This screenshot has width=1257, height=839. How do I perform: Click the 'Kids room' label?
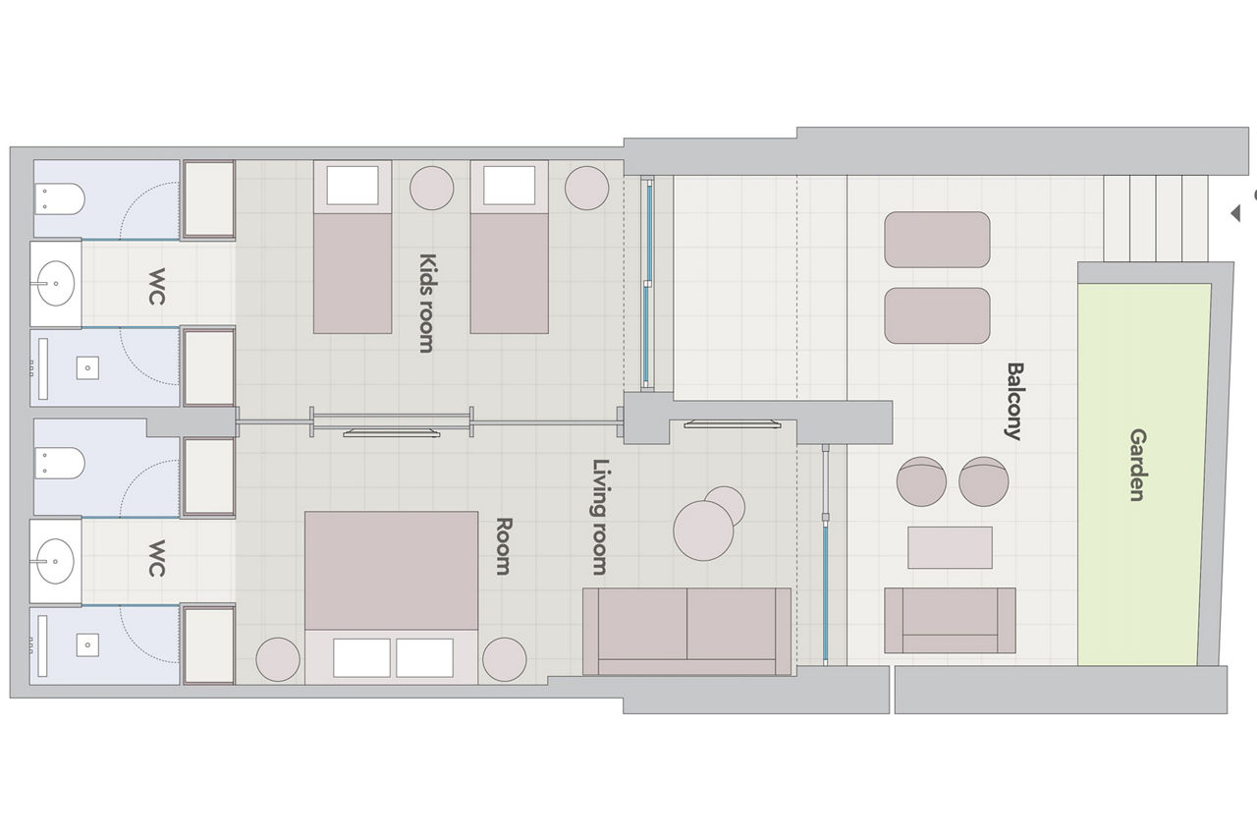426,304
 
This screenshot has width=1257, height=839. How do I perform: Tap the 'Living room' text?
601,517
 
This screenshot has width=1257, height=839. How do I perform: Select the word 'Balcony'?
1014,401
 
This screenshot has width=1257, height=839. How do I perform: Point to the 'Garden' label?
1137,465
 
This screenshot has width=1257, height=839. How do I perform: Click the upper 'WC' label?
156,287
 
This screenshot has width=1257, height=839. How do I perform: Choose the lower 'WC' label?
156,558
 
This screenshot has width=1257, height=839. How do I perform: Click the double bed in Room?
391,597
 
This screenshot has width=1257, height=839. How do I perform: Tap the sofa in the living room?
686,632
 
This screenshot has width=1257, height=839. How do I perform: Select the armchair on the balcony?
950,620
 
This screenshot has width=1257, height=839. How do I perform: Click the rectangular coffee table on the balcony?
950,547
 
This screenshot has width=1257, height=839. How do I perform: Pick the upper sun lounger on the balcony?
937,240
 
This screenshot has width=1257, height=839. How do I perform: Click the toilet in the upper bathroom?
60,198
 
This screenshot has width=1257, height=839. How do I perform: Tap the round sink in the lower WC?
55,561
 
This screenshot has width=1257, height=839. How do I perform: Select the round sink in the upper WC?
55,284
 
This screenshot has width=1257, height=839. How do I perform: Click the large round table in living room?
703,531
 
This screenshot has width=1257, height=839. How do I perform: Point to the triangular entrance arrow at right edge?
1235,213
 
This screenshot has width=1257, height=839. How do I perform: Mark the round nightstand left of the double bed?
278,659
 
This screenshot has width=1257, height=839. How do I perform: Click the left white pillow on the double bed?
361,657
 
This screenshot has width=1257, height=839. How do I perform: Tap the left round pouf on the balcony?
921,481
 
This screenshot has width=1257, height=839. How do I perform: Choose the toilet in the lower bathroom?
60,464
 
